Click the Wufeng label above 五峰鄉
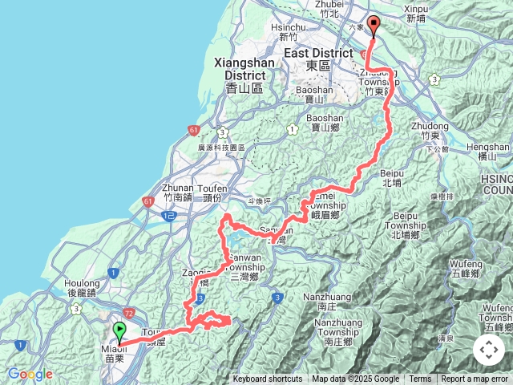[465, 261]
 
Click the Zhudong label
[426, 126]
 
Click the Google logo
[30, 374]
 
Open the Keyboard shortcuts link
[268, 379]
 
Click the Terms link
[420, 379]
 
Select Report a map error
[475, 379]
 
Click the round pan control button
[489, 350]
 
